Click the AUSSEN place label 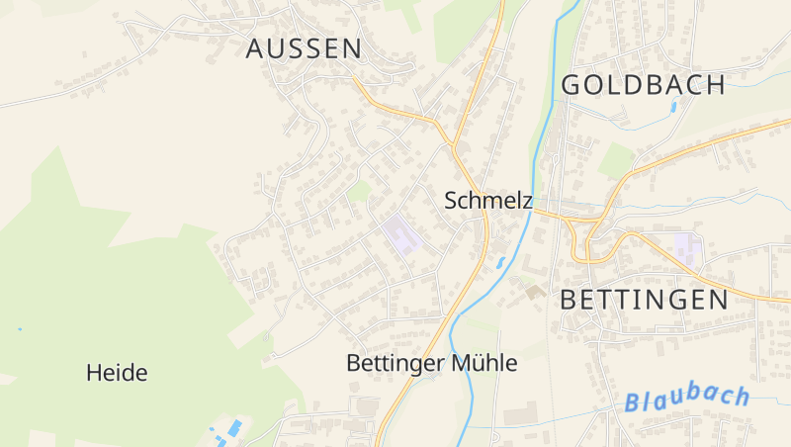pyautogui.click(x=304, y=48)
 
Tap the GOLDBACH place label pyautogui.click(x=644, y=85)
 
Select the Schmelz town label pyautogui.click(x=488, y=201)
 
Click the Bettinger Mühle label pyautogui.click(x=431, y=363)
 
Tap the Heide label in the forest pyautogui.click(x=117, y=373)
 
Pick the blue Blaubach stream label pyautogui.click(x=687, y=398)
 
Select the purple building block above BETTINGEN pyautogui.click(x=686, y=244)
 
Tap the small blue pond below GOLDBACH pyautogui.click(x=674, y=106)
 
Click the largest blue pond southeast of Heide pyautogui.click(x=234, y=428)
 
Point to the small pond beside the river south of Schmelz pyautogui.click(x=500, y=262)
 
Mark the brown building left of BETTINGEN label pyautogui.click(x=534, y=292)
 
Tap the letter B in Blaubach pyautogui.click(x=634, y=403)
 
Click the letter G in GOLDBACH pyautogui.click(x=571, y=85)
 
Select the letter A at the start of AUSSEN pyautogui.click(x=256, y=48)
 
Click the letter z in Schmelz pyautogui.click(x=527, y=201)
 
